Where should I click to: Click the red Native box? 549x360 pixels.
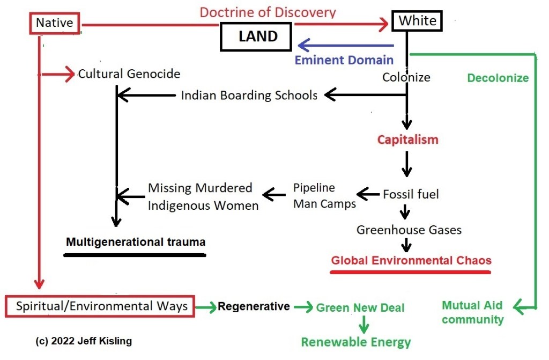54,23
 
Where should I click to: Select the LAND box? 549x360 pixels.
257,37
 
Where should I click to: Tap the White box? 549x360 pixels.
418,21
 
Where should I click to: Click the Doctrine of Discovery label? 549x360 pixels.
268,12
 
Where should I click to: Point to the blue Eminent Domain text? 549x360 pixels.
344,60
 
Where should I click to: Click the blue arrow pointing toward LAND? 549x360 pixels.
346,45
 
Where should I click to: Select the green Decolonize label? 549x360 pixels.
498,78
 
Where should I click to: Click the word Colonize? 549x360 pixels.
406,77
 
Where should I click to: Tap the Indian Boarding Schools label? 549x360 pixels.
249,95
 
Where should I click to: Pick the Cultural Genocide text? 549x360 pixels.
129,74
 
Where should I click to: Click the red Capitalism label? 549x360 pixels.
407,139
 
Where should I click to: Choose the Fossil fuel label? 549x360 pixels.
411,194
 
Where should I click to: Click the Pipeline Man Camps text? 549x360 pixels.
324,196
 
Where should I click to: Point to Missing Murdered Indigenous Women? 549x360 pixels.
203,196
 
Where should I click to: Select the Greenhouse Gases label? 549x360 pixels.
409,230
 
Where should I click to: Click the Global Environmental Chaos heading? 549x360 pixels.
411,261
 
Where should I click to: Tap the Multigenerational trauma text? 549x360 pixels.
135,242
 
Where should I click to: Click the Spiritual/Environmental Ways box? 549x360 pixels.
101,306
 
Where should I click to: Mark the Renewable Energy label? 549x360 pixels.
355,342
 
